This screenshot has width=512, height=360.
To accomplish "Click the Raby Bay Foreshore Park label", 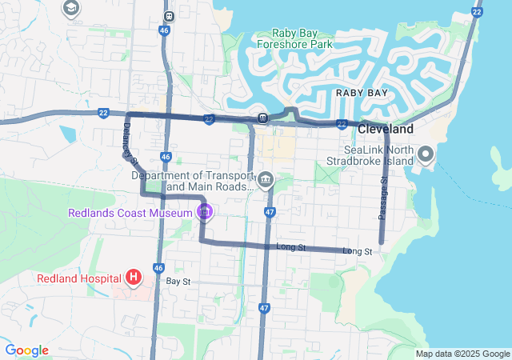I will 294,38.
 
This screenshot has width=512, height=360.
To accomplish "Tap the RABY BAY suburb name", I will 362,93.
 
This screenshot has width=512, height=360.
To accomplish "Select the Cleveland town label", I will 386,129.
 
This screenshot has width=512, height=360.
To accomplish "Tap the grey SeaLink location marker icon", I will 426,153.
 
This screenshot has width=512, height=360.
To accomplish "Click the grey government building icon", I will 266,178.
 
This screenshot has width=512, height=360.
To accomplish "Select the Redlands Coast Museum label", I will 130,213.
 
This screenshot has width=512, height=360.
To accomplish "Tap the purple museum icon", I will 205,212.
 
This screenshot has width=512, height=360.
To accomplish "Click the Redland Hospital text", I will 78,278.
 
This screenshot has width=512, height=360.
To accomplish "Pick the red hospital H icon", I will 134,278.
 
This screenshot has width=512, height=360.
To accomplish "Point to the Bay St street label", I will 178,282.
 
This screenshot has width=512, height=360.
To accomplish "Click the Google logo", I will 26,350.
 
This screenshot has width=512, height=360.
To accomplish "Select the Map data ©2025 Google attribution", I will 462,354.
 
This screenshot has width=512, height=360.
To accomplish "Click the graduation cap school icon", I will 70,8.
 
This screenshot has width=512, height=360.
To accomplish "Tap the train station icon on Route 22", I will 262,119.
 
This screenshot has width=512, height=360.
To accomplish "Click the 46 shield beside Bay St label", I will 158,268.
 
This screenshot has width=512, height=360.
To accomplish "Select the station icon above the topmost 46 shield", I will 168,16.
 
